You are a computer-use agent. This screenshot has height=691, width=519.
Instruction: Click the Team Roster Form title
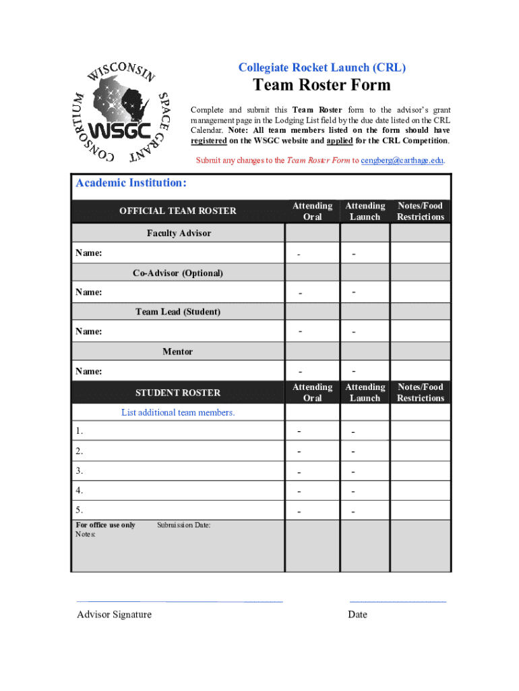click(x=322, y=85)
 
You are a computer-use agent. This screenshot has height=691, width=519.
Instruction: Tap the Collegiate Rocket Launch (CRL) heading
click(x=322, y=67)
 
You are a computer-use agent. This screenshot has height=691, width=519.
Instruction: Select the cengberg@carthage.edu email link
click(x=402, y=161)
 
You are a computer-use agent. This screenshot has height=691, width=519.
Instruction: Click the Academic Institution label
click(x=131, y=184)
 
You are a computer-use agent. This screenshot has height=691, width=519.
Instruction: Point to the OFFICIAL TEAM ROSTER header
click(x=178, y=211)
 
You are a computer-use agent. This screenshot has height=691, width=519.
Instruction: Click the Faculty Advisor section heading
click(x=179, y=233)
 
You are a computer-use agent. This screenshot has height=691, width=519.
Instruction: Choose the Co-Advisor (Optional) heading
click(x=178, y=273)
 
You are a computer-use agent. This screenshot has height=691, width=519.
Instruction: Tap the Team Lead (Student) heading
click(x=178, y=312)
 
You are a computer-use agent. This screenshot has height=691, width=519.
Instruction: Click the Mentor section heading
click(x=178, y=352)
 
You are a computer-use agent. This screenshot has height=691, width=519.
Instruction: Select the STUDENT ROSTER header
click(x=178, y=393)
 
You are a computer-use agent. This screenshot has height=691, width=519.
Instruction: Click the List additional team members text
click(x=178, y=412)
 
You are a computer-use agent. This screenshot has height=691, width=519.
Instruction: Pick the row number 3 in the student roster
click(x=80, y=471)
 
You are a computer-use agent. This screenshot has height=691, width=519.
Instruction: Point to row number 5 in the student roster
click(x=80, y=510)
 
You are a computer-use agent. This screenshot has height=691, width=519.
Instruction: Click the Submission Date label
click(x=183, y=525)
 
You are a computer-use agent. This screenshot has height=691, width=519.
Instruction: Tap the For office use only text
click(x=105, y=525)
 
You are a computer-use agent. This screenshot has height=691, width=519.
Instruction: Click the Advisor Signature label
click(x=114, y=614)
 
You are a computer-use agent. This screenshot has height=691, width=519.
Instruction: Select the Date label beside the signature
click(x=357, y=614)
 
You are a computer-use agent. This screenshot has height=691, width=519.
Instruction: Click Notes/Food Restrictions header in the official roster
click(x=421, y=211)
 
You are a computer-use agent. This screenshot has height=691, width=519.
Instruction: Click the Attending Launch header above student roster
click(x=365, y=393)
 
